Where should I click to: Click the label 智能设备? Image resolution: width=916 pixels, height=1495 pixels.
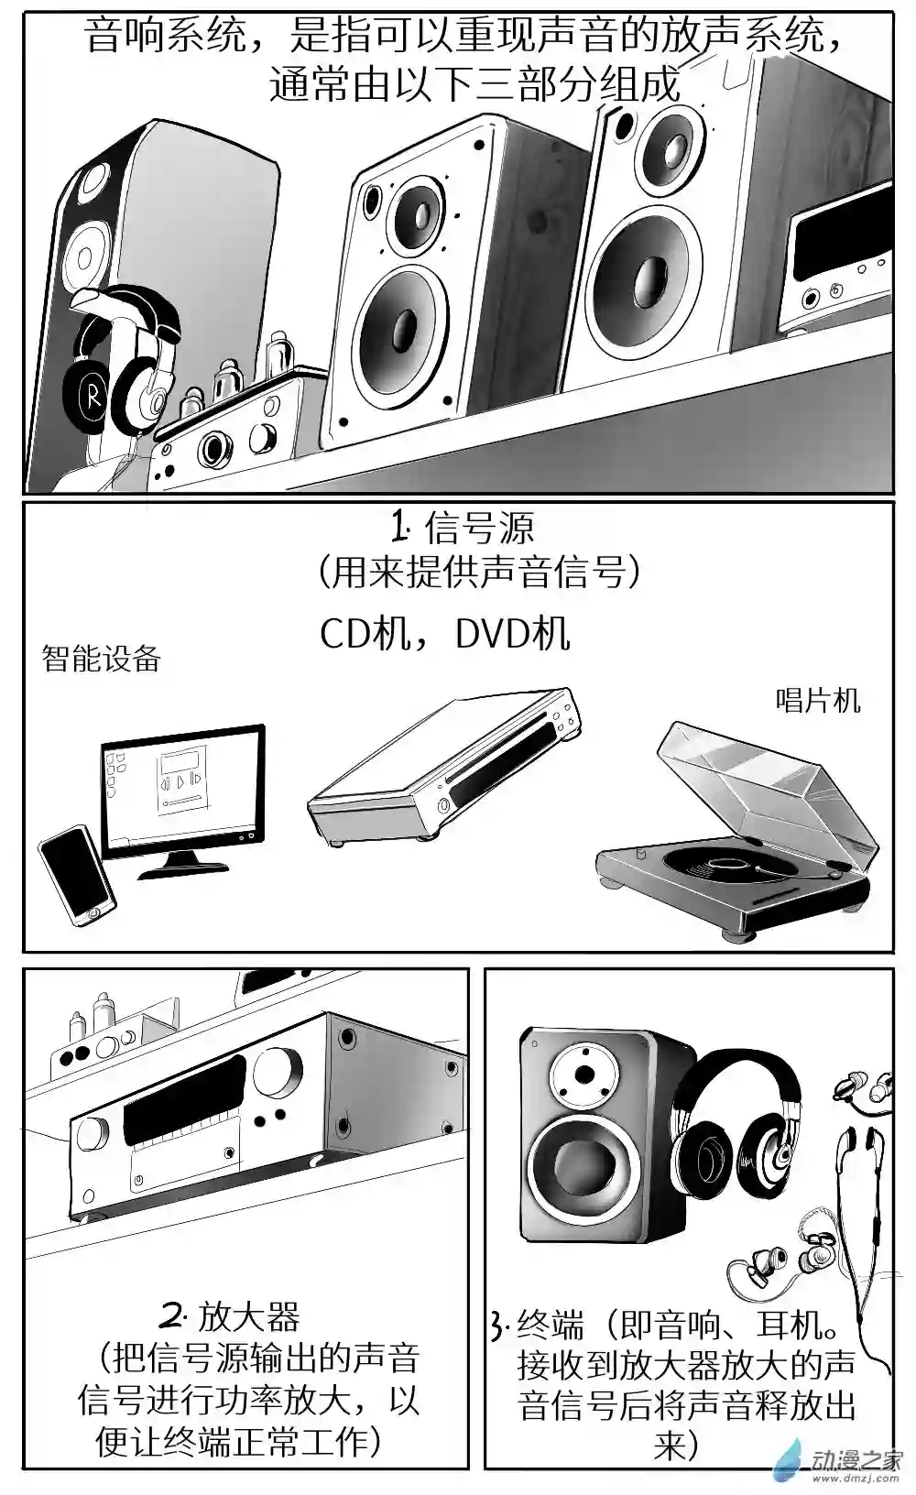coord(102,659)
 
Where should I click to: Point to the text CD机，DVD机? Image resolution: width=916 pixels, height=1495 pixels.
coord(445,633)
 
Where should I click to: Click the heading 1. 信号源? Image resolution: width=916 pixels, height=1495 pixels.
coord(463,529)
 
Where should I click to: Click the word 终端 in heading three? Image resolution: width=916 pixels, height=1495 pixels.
coord(551,1325)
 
